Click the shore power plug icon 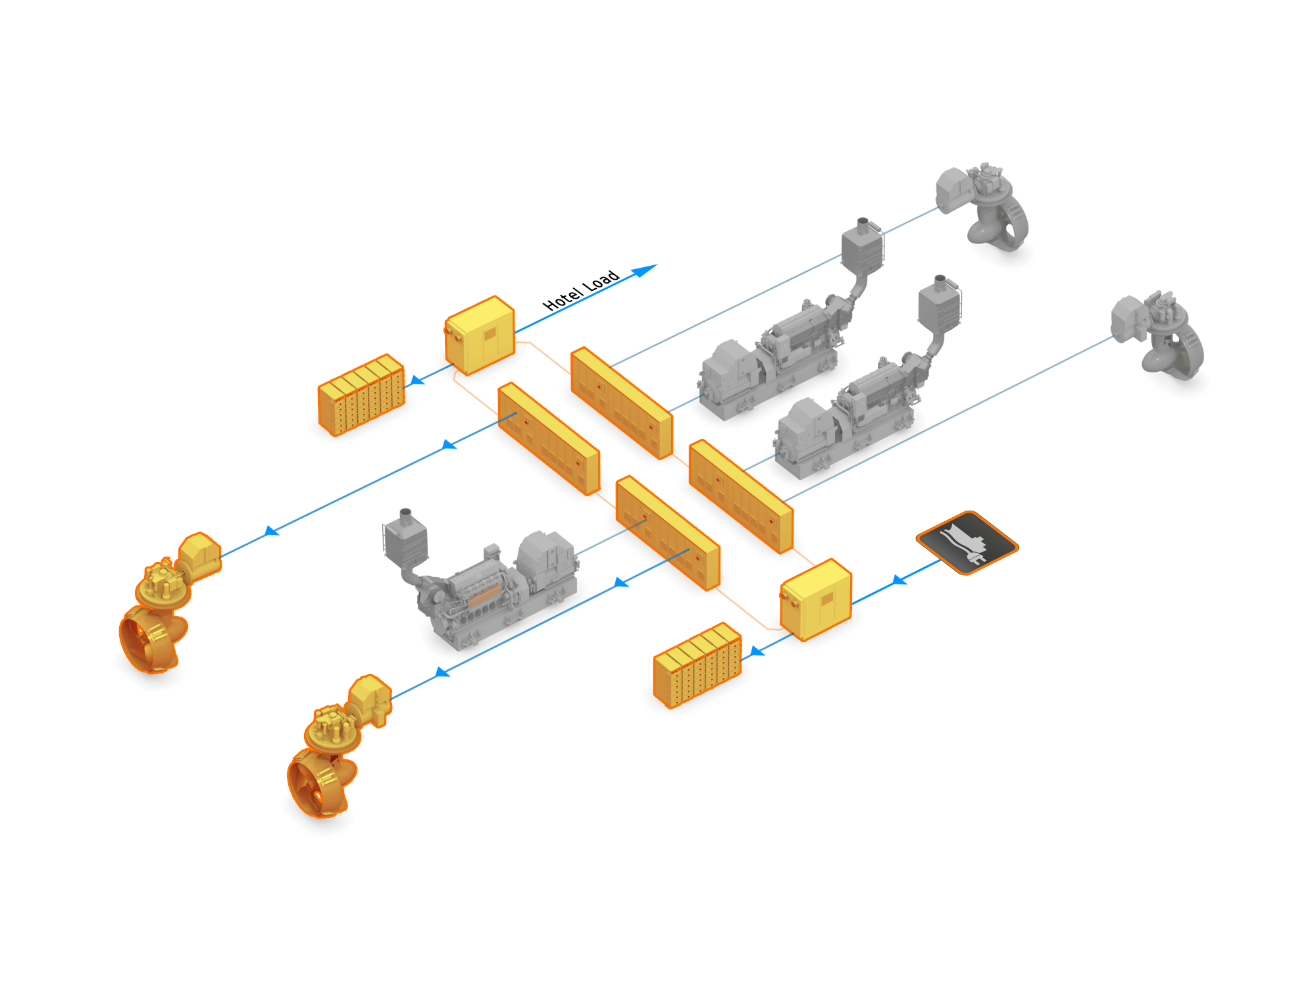coord(967,542)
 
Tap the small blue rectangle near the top coord(644,271)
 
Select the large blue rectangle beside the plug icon coord(899,580)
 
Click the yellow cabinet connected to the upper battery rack coord(480,335)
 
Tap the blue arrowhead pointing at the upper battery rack coord(417,381)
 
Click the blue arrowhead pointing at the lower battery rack coord(757,651)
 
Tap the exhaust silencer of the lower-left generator coord(405,540)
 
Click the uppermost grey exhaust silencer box coord(863,247)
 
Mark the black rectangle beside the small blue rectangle coord(580,290)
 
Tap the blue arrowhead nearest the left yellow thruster coord(270,531)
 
